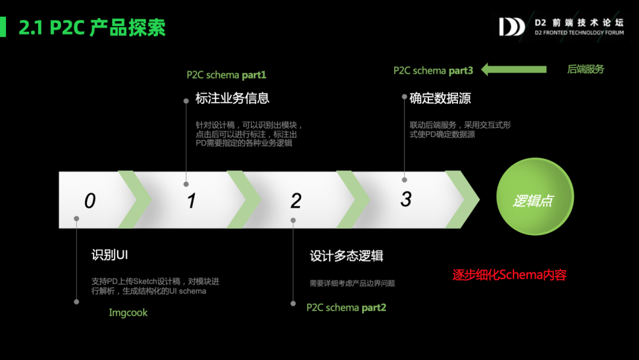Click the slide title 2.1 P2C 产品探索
click(x=92, y=27)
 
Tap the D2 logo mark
click(x=511, y=27)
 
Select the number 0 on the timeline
click(x=89, y=201)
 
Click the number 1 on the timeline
click(x=191, y=201)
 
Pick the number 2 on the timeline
click(x=296, y=201)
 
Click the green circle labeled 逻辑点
click(x=535, y=200)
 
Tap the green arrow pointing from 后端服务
click(x=514, y=69)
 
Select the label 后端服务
click(x=585, y=69)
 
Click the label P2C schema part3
click(x=433, y=70)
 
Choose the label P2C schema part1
click(x=227, y=75)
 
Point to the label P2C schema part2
click(x=346, y=307)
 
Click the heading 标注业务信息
click(x=232, y=98)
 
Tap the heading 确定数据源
click(x=440, y=98)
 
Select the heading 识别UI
click(x=109, y=255)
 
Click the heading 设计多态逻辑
click(x=347, y=256)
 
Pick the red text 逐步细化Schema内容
click(x=509, y=275)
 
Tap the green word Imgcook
click(x=128, y=312)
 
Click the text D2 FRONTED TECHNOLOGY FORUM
click(x=579, y=33)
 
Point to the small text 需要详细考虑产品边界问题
click(x=352, y=283)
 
